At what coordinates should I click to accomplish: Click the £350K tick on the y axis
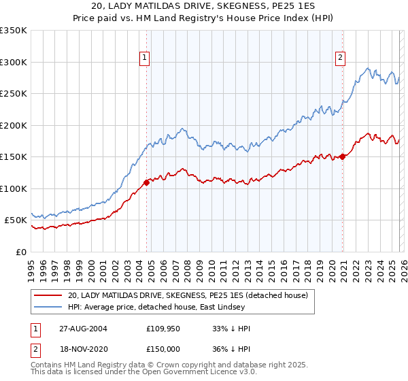point(14,31)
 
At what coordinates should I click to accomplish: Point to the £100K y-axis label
point(14,188)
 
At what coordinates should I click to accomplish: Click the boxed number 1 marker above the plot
point(146,59)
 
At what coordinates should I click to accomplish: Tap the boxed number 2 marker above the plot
point(339,59)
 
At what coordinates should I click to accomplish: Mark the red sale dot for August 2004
point(147,182)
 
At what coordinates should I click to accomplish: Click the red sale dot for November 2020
point(342,156)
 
